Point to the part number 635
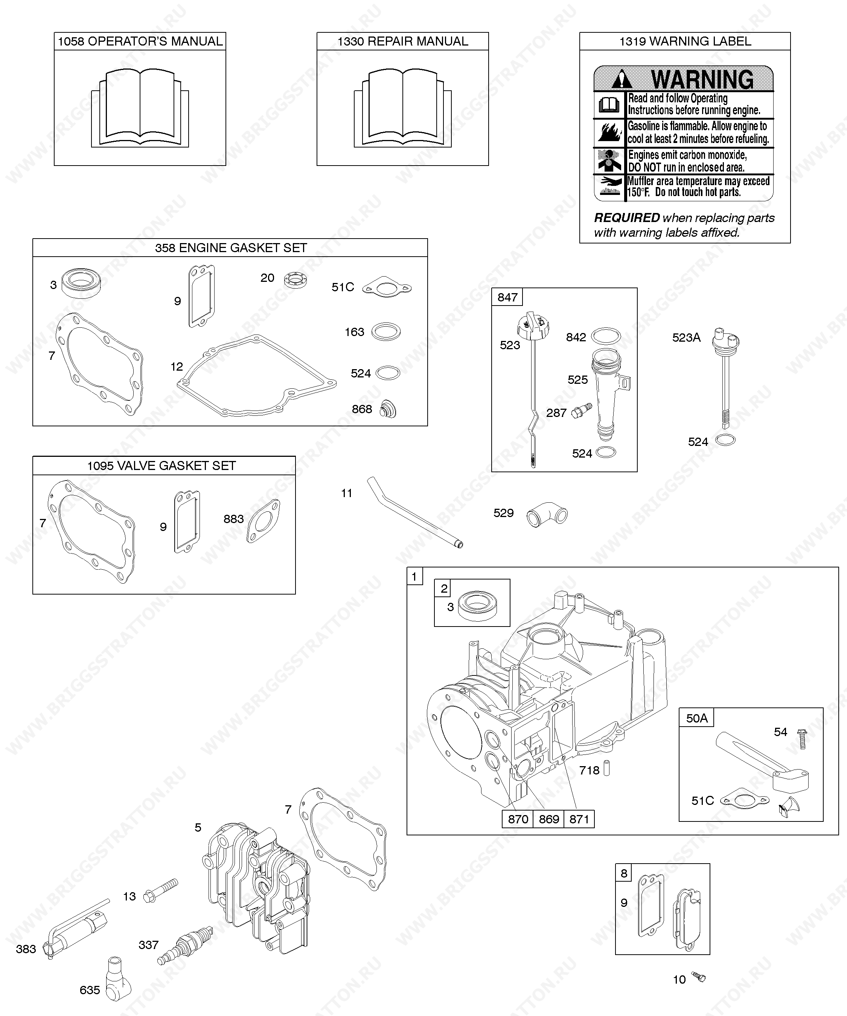coord(90,990)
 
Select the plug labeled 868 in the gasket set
coord(388,409)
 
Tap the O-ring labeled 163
coord(386,332)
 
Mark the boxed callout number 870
coord(517,819)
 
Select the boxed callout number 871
coord(579,819)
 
